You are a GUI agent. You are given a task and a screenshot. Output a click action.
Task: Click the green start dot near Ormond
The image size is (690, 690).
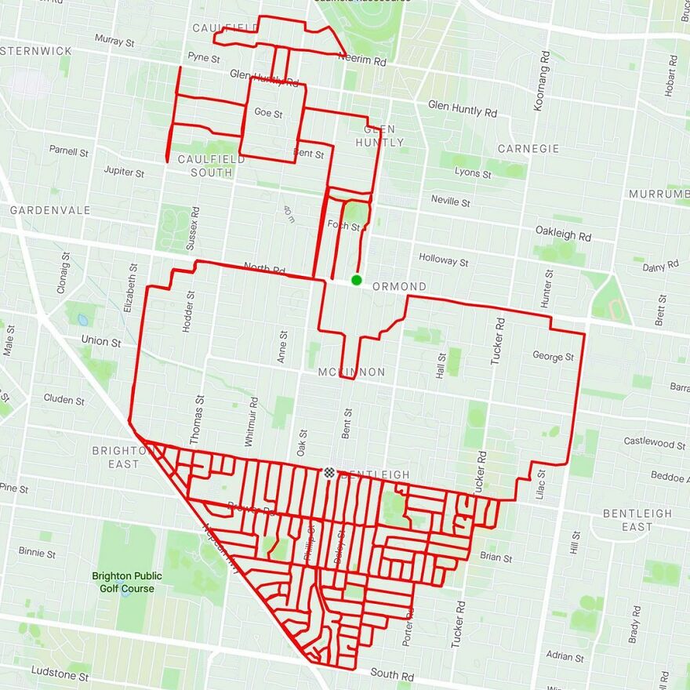click(x=357, y=280)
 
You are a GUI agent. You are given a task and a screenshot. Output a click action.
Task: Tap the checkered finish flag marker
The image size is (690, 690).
click(x=329, y=472)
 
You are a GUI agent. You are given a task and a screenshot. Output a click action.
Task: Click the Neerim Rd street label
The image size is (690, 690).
click(x=363, y=60)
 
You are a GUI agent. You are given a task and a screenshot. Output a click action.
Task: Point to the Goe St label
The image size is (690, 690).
click(x=268, y=113)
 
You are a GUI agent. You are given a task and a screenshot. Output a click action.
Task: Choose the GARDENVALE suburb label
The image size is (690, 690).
click(x=50, y=210)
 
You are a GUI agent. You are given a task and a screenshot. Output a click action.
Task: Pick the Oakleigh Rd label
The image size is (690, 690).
click(x=563, y=234)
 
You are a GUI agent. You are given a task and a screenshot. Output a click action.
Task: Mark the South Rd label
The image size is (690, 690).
click(x=392, y=674)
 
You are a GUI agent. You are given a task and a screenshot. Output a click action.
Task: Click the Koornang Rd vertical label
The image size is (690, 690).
click(x=541, y=80)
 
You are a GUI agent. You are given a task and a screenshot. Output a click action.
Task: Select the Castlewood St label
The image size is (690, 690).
click(x=655, y=442)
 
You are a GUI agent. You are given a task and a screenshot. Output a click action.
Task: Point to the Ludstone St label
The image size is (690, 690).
click(x=60, y=672)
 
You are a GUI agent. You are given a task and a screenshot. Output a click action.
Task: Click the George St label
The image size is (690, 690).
click(x=554, y=356)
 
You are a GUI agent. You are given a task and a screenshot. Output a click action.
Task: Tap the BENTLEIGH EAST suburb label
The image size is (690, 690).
click(x=637, y=520)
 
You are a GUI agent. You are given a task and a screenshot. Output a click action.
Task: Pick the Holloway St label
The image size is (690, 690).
click(x=444, y=260)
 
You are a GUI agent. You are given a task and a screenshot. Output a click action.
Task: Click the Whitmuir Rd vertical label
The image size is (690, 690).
click(x=252, y=421)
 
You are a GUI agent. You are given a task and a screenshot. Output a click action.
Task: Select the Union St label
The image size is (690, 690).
click(x=101, y=342)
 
